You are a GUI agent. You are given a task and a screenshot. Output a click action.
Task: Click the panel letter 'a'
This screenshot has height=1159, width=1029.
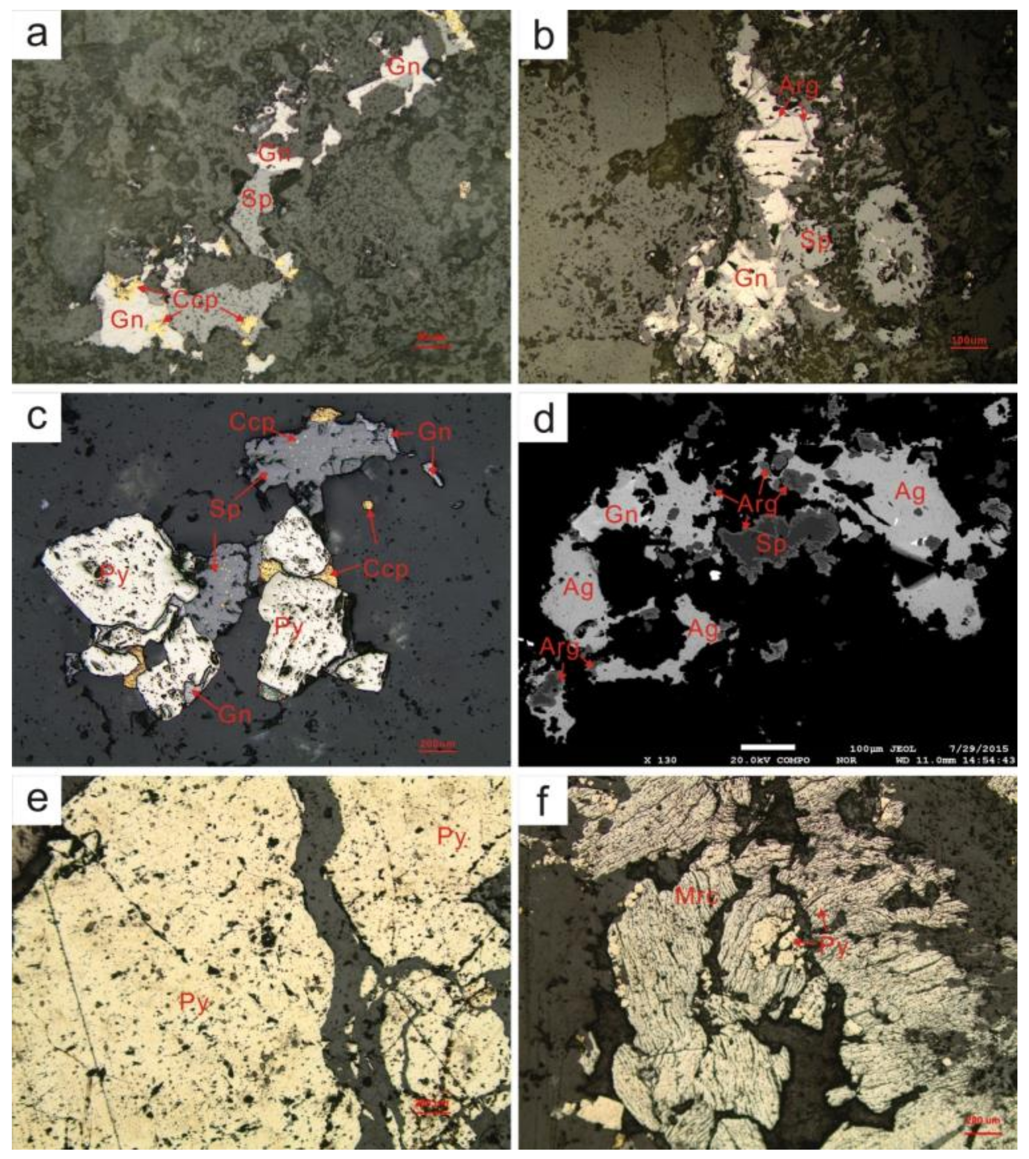36,35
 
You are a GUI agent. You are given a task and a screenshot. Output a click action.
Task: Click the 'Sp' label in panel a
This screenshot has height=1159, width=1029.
256,200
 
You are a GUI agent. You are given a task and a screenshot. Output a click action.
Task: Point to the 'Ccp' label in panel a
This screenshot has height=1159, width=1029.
195,300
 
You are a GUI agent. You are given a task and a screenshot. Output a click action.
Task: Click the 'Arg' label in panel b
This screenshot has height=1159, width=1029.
798,86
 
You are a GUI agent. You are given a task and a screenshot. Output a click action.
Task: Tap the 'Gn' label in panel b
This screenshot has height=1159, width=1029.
751,278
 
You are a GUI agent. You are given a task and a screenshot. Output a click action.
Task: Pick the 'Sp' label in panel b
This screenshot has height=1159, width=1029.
815,240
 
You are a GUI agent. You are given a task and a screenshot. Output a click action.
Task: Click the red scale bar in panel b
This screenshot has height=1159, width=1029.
968,347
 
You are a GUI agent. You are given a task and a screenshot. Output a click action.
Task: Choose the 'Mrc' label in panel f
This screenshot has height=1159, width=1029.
696,896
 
